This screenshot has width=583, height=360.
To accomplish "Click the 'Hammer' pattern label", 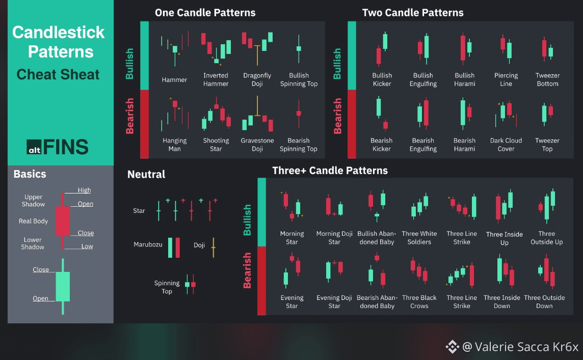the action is pos(174,80).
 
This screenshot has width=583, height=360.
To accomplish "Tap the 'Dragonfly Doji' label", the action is pos(257,79).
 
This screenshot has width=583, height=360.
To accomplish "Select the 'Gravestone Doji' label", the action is pos(257,145).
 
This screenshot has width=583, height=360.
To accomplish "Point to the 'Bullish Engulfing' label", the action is pos(423,79).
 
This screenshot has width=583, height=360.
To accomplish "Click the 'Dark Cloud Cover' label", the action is pos(506,145).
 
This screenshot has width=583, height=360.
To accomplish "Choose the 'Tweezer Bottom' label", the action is pos(547,79).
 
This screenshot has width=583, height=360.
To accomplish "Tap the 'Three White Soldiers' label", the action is pos(419,238).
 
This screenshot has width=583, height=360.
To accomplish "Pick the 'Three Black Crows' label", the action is pos(419,301).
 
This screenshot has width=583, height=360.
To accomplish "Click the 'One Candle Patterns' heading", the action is pos(205,13).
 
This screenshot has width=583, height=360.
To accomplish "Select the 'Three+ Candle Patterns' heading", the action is pos(330,171).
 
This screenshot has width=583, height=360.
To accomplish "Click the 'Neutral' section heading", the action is pos(146,174).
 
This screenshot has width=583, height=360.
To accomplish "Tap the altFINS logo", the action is pos(58,147).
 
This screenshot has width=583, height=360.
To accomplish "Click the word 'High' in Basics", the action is pos(84,190).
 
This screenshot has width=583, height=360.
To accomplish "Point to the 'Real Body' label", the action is pos(33,221).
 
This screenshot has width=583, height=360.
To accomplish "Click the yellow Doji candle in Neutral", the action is pos(214,247).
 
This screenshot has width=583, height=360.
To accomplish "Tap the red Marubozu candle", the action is pos(178,247).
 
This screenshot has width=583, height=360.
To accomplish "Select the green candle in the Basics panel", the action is pos(63,287).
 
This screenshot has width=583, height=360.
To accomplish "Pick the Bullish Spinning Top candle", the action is pos(299,49).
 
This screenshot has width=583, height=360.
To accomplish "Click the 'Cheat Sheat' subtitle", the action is pos(58,74).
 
